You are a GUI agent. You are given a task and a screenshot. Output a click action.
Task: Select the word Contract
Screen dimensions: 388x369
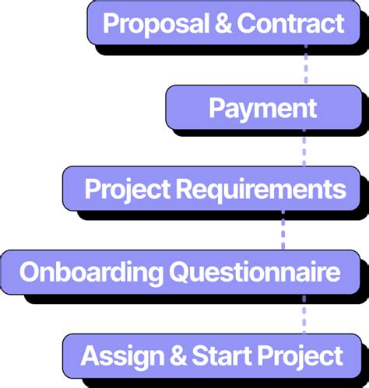point(290,23)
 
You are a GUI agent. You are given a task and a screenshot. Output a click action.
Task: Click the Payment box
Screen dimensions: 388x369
point(262,107)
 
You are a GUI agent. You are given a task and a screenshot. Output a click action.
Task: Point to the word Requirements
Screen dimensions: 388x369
point(260,188)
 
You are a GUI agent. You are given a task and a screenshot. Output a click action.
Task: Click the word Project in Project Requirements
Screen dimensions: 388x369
point(127,188)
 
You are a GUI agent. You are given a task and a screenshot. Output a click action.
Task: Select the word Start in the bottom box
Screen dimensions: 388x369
point(223,356)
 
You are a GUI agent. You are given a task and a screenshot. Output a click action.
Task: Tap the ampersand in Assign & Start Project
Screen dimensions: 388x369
point(176,356)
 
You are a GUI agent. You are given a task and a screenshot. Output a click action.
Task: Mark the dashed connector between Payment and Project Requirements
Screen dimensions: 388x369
point(304,148)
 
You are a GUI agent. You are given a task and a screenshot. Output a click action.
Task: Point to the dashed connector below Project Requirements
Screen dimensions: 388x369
point(283,231)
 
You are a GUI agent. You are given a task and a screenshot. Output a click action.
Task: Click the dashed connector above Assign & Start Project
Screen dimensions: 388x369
point(304,314)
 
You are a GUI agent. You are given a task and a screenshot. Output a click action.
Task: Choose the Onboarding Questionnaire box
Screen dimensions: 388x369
point(180,272)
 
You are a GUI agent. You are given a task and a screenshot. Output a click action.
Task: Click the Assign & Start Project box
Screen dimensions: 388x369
point(212,356)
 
